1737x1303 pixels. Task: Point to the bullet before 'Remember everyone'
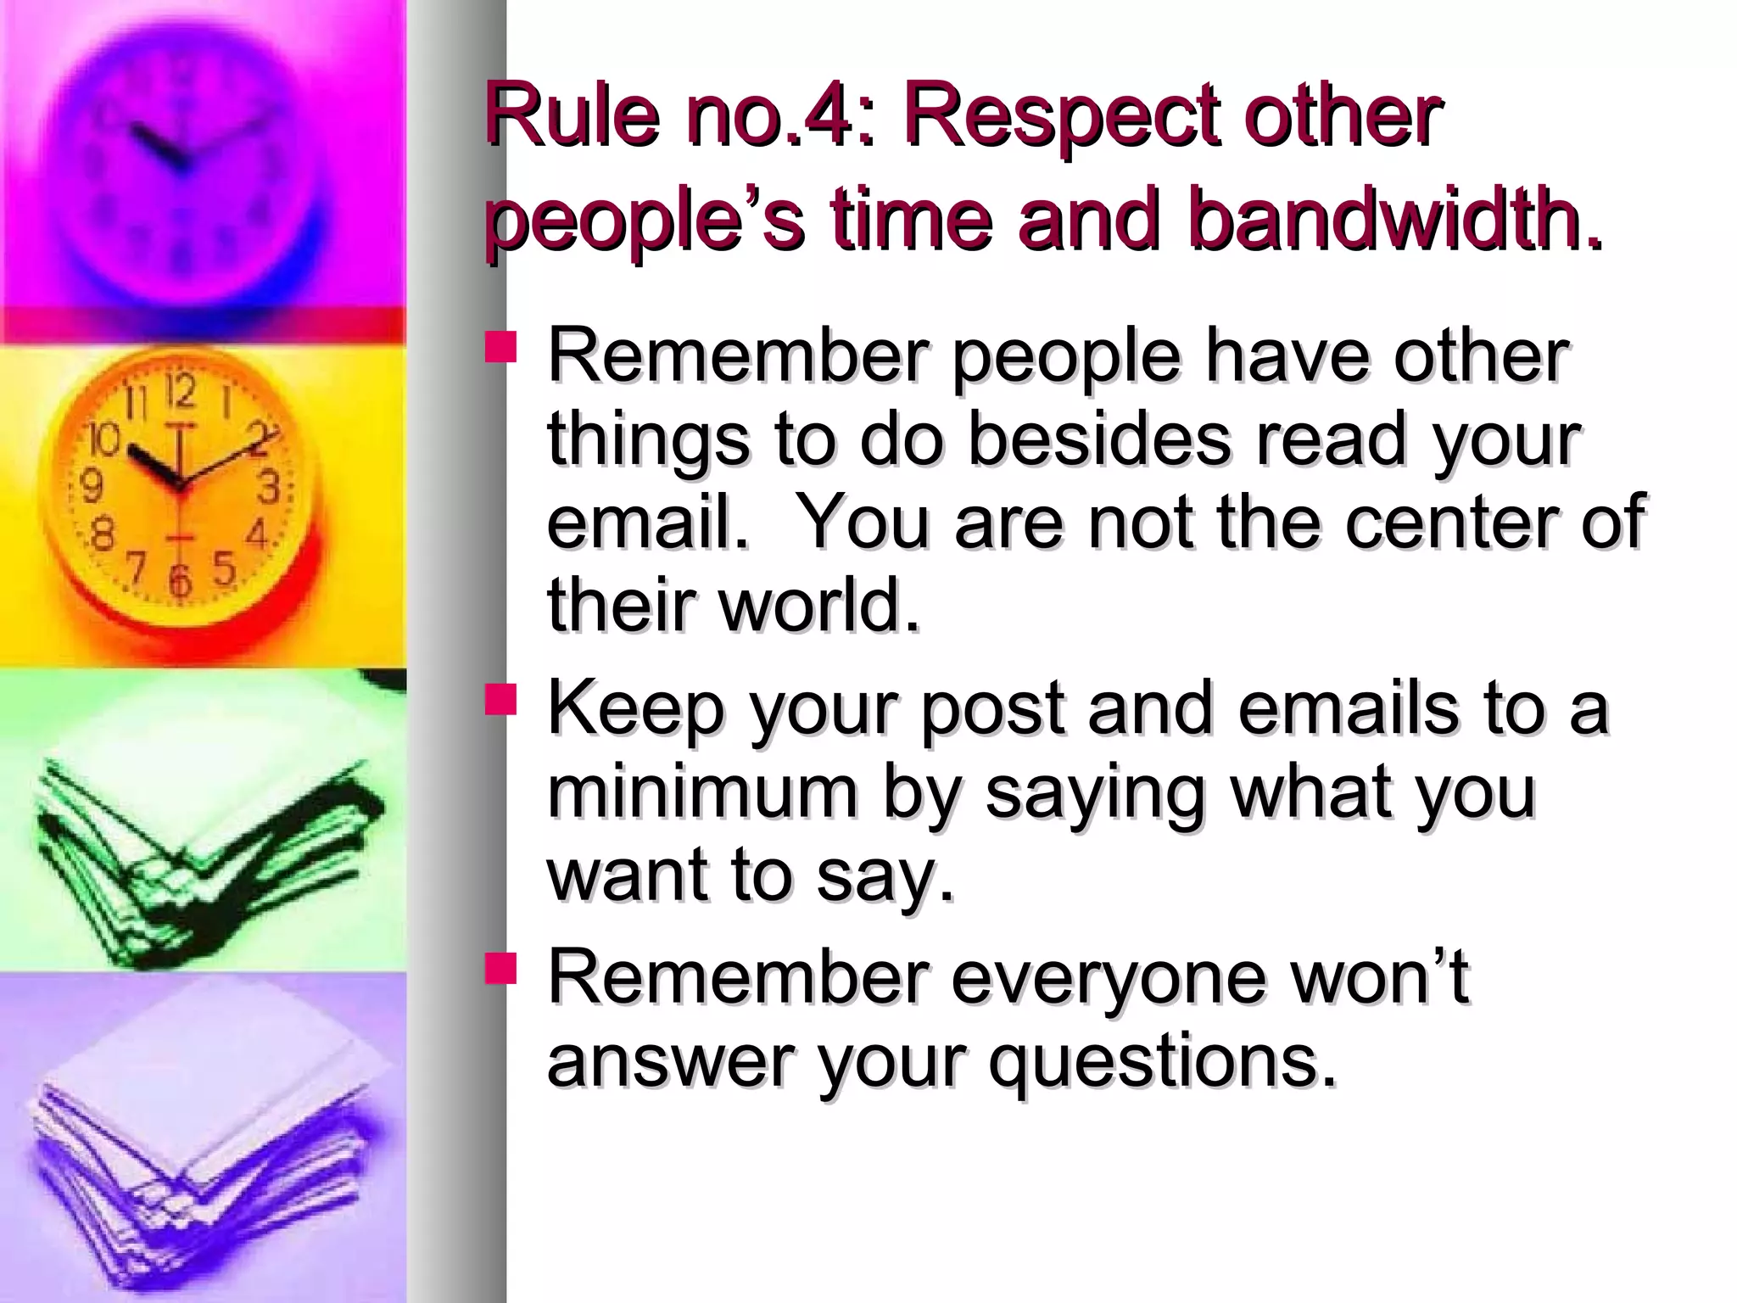pyautogui.click(x=500, y=968)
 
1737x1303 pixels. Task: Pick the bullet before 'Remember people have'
pyautogui.click(x=500, y=348)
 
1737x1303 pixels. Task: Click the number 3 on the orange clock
pyautogui.click(x=269, y=488)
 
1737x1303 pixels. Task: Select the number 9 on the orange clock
pyautogui.click(x=91, y=486)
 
